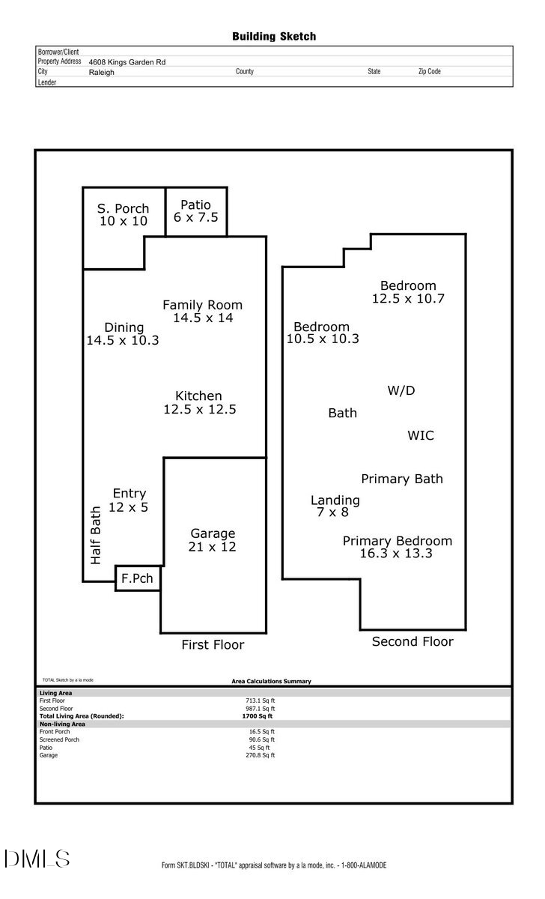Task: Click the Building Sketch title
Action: click(x=273, y=36)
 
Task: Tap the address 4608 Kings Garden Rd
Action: click(x=127, y=62)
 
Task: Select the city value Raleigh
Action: click(x=101, y=73)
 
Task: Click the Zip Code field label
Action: click(x=429, y=72)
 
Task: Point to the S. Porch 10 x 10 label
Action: click(x=124, y=215)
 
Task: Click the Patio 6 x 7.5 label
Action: click(x=195, y=211)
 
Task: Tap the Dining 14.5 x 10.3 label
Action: click(x=123, y=333)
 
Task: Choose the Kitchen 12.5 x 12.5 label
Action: click(x=199, y=402)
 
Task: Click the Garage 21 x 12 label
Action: click(x=213, y=540)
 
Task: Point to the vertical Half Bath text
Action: click(x=96, y=534)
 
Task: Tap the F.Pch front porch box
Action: click(x=138, y=578)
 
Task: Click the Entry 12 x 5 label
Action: click(x=129, y=500)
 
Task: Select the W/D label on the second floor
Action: click(x=401, y=390)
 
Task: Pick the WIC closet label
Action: click(x=420, y=435)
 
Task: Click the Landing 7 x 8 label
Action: click(x=335, y=506)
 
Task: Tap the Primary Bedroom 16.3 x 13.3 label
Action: click(x=397, y=547)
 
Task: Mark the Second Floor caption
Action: click(x=412, y=641)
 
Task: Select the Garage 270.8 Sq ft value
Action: click(x=262, y=755)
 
